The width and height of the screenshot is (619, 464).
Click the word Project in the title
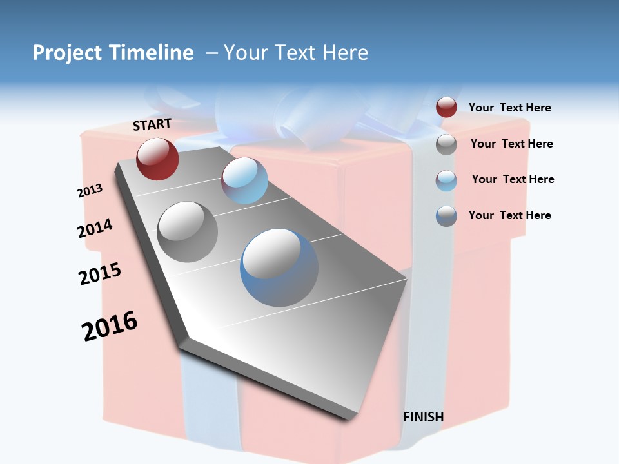(x=67, y=53)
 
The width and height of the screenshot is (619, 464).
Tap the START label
(x=152, y=124)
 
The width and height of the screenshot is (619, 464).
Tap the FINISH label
(x=424, y=417)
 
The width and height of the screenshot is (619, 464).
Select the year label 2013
(x=90, y=191)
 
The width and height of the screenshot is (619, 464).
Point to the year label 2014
(x=95, y=228)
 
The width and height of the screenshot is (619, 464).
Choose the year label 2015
(x=100, y=273)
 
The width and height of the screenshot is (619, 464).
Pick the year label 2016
(x=110, y=326)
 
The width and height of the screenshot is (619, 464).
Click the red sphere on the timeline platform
(x=157, y=159)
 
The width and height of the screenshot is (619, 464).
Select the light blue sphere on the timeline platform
(x=244, y=180)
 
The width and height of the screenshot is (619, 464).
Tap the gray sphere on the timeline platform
(x=188, y=232)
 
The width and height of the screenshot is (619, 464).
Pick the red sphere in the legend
(x=446, y=107)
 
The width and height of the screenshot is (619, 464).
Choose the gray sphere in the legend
(x=446, y=144)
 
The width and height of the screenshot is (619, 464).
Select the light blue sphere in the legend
(x=446, y=180)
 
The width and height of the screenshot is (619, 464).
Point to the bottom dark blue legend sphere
(x=446, y=216)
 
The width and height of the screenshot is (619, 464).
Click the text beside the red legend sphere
(x=509, y=108)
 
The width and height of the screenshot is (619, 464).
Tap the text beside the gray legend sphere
(x=511, y=144)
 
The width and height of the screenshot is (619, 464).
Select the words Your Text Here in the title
(x=296, y=53)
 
